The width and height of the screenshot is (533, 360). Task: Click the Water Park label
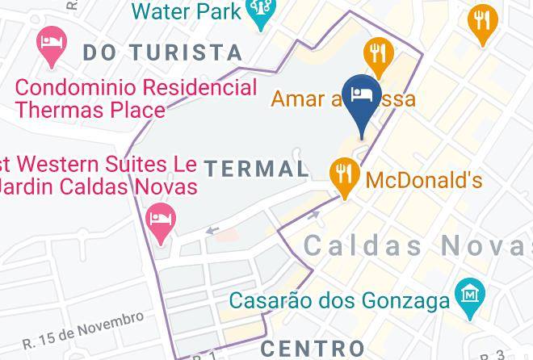pos(187,10)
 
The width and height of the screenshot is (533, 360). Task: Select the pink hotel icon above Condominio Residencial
pos(50,48)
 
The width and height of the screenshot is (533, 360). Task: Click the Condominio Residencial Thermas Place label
pos(136,98)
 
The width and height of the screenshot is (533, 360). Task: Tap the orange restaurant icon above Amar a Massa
pos(377,55)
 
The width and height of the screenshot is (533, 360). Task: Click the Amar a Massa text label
pos(343,98)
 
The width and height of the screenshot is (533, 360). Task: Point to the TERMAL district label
pos(256,169)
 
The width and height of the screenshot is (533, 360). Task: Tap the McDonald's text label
pos(424,178)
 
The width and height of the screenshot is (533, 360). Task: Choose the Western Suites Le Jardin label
pos(98,175)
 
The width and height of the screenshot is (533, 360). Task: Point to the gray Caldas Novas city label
pos(418,245)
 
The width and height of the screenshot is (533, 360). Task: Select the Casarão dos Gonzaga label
pos(339,301)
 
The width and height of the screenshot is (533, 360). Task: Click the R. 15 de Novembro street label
pos(83,331)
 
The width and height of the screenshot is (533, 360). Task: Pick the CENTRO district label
pos(313,349)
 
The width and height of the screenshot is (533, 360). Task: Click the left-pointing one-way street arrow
pos(212,231)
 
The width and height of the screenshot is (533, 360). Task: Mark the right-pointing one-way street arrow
pos(314,216)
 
